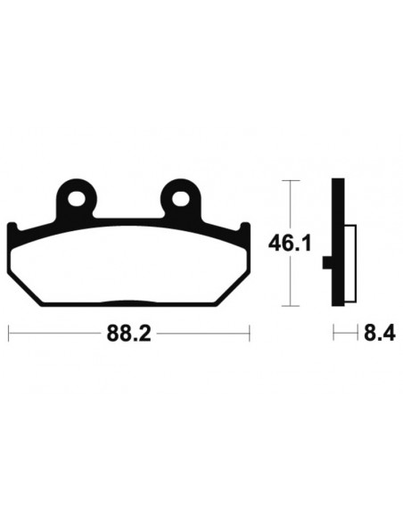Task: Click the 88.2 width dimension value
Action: click(127, 335)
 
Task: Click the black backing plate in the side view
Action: click(336, 241)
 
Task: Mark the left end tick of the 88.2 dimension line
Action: click(8, 335)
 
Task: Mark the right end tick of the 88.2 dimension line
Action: click(248, 335)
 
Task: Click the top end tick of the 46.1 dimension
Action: click(288, 181)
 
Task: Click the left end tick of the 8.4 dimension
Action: click(333, 335)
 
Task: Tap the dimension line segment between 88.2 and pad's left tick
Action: click(53, 335)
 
